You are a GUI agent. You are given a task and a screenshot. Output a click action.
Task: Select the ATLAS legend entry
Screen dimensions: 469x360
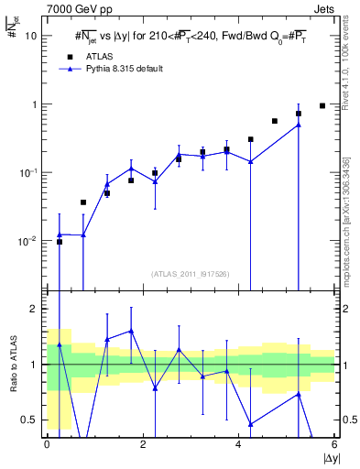[96, 56]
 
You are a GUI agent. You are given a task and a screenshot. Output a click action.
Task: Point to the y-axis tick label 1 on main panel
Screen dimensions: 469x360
[35, 104]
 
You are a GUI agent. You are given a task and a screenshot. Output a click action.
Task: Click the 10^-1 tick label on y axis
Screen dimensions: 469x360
[28, 172]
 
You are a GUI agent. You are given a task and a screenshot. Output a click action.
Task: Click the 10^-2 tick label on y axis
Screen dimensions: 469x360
[28, 240]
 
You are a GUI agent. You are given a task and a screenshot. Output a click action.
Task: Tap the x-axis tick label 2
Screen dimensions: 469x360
[143, 443]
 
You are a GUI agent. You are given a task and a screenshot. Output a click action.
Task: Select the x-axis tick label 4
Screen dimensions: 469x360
[238, 443]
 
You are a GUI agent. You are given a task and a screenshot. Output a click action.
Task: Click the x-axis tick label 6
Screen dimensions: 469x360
[333, 443]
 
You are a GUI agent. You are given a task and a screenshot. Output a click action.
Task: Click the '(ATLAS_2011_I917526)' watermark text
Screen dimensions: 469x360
[190, 273]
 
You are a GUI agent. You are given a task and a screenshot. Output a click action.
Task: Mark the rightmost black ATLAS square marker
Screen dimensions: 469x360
[322, 105]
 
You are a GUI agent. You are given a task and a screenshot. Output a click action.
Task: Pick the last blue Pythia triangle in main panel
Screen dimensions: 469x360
[299, 125]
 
